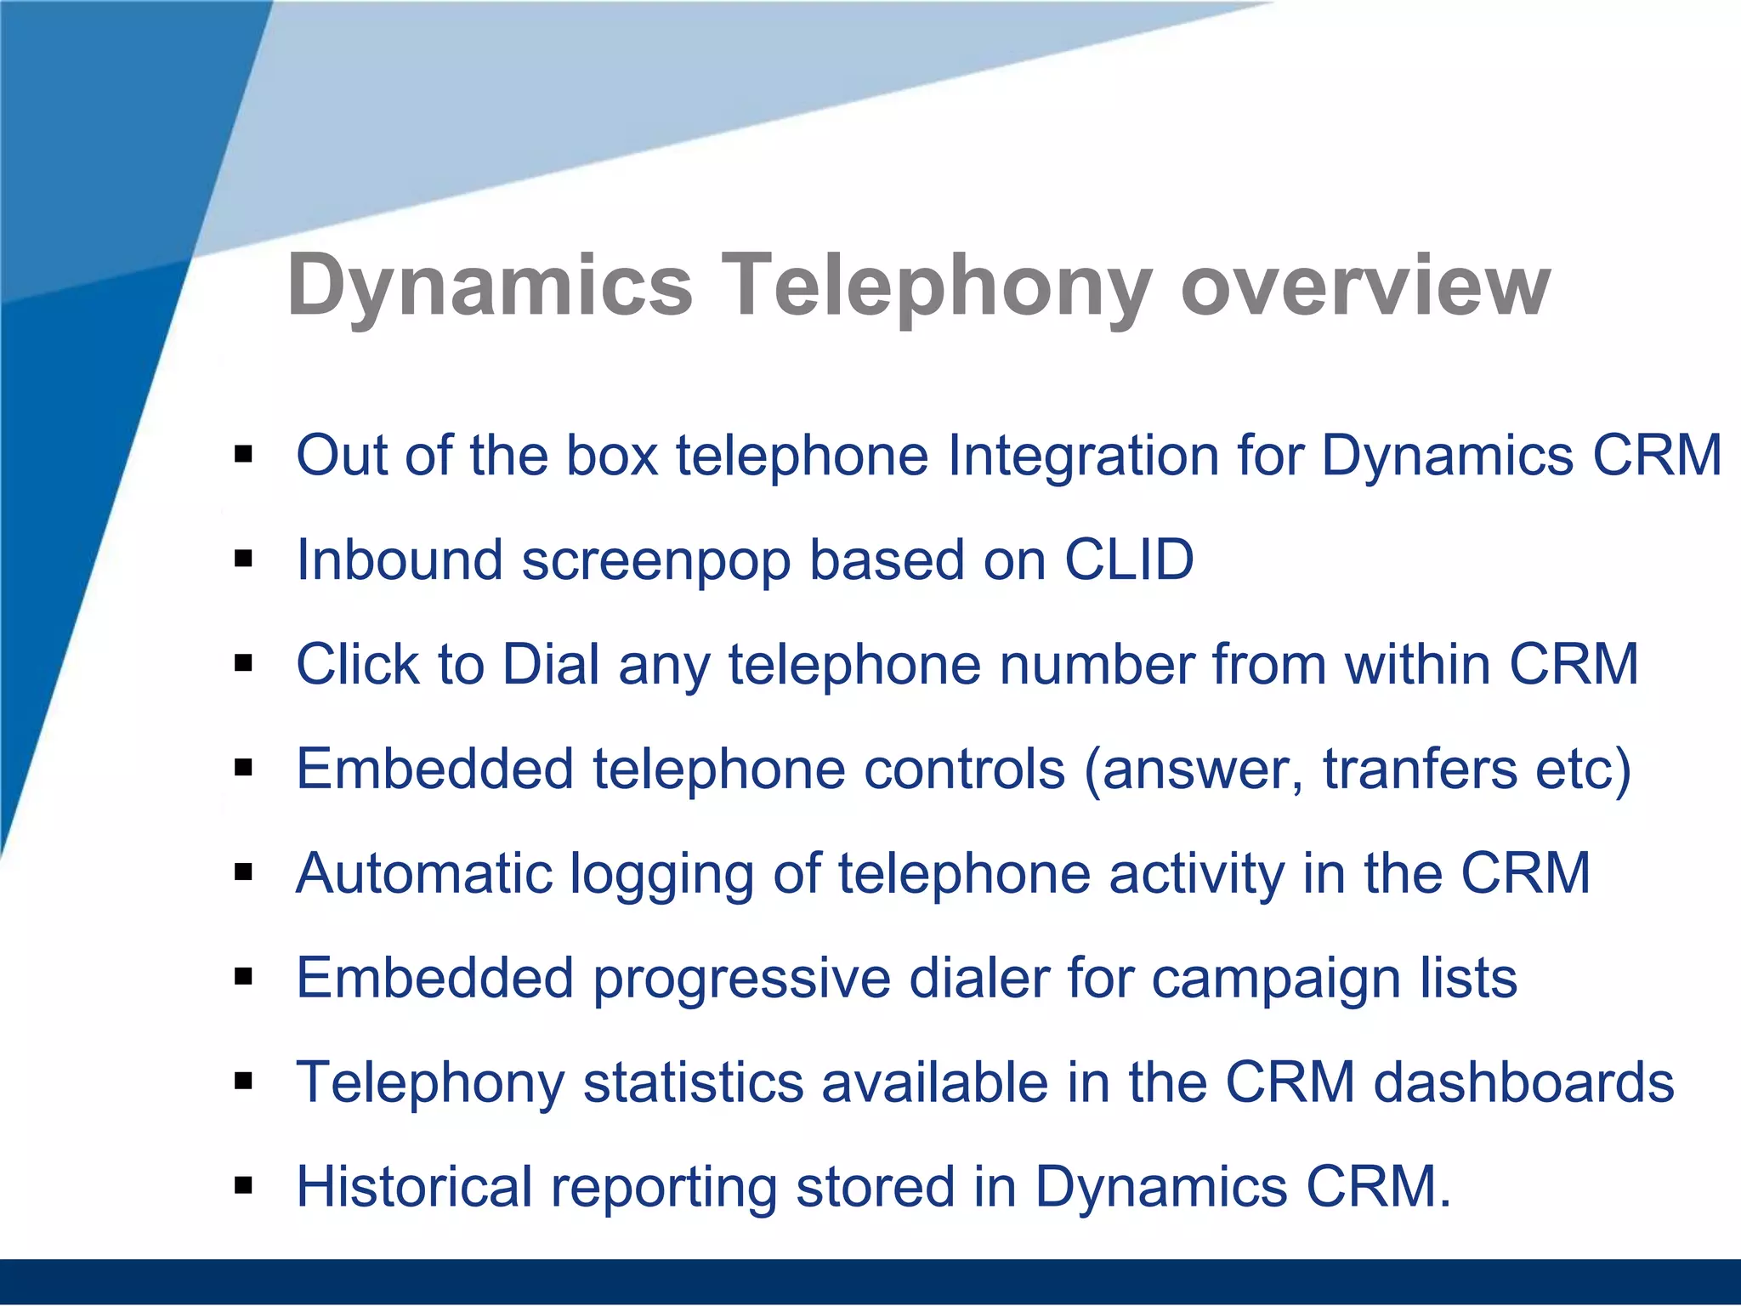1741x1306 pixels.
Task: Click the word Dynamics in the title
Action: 491,286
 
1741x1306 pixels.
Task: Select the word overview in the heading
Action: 1365,286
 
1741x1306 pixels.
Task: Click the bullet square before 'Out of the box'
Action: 245,455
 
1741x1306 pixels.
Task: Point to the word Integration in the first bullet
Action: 1083,455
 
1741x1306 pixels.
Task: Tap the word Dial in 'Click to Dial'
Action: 551,664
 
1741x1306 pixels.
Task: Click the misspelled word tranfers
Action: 1419,769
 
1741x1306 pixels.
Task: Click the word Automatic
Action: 423,873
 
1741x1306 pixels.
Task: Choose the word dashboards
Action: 1523,1082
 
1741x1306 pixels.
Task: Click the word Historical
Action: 413,1187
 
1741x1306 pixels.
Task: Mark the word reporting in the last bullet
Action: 663,1189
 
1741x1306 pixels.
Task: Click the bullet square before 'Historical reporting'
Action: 245,1185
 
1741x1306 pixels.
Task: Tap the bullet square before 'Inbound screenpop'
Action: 245,559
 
